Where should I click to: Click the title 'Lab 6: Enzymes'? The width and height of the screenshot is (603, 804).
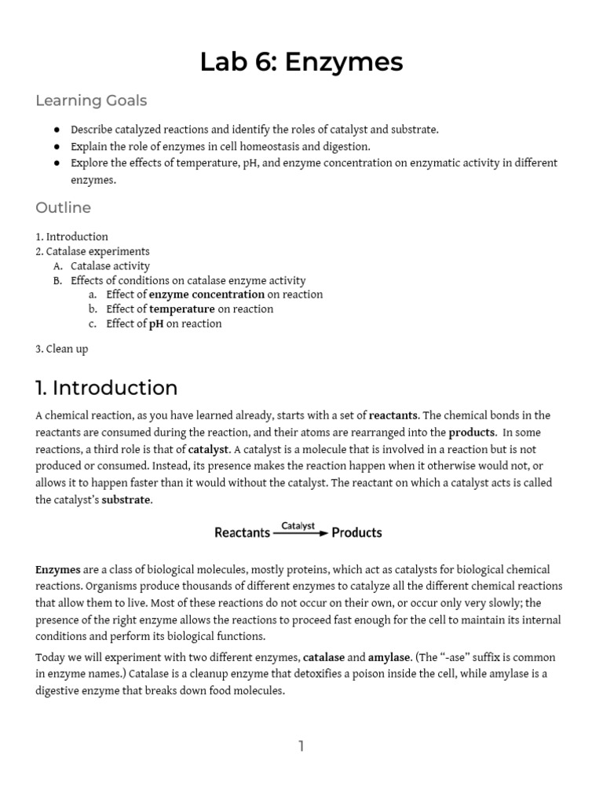[x=301, y=61]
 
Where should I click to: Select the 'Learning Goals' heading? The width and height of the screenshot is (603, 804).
[x=91, y=100]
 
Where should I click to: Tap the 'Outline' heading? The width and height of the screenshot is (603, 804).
[x=63, y=207]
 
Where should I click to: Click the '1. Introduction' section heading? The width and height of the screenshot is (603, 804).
[x=107, y=388]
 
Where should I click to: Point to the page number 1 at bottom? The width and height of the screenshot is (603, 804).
[x=301, y=746]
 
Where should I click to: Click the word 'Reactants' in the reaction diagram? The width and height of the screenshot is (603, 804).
[x=243, y=532]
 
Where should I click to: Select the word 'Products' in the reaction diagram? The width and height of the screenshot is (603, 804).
[x=356, y=532]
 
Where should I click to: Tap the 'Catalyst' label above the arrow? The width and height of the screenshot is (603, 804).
[x=298, y=525]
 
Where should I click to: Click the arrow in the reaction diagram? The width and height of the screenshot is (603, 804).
[x=301, y=533]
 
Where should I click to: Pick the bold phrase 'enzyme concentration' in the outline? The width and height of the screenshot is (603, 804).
[x=207, y=294]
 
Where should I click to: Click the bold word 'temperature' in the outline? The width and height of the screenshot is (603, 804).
[x=182, y=309]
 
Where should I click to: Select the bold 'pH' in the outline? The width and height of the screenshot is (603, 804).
[x=156, y=323]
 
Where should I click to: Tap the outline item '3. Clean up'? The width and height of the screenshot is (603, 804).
[x=62, y=349]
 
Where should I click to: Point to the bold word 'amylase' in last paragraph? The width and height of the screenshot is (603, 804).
[x=389, y=656]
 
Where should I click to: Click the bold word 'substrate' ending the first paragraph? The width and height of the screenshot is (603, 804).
[x=126, y=500]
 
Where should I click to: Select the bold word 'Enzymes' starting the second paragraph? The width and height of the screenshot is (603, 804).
[x=56, y=569]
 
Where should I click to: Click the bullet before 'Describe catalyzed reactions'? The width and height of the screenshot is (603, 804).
[x=57, y=130]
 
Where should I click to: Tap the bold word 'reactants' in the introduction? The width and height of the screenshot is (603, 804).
[x=393, y=415]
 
